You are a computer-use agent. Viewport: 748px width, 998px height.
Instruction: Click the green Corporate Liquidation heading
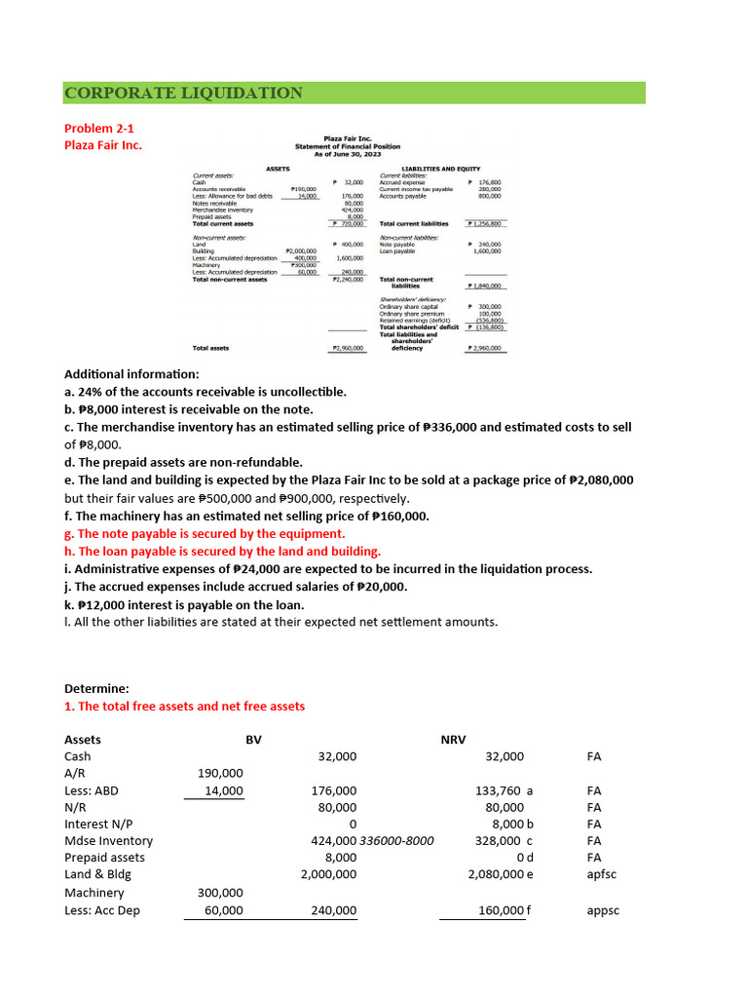(183, 93)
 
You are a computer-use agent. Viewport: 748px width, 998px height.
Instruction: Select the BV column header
(253, 740)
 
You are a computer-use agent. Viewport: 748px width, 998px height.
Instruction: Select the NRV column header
(453, 740)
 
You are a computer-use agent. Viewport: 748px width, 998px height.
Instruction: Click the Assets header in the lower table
(83, 740)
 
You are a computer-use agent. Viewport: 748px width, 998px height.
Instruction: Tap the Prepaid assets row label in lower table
(104, 858)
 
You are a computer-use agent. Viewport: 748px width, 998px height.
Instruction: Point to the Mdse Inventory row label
(108, 840)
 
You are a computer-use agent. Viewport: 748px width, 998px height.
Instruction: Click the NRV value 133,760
(499, 790)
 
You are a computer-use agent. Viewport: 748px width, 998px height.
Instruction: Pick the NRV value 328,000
(499, 840)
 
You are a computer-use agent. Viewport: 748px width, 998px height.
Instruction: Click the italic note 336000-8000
(397, 840)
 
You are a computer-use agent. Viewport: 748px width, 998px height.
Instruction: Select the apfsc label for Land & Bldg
(602, 874)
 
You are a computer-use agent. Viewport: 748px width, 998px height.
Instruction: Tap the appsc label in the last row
(604, 910)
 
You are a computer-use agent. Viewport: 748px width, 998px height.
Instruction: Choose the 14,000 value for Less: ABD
(224, 790)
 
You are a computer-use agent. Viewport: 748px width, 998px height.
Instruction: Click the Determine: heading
(95, 687)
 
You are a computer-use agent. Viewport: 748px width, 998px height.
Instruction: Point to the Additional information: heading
(131, 374)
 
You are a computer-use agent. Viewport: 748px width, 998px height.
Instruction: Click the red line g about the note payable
(205, 533)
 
